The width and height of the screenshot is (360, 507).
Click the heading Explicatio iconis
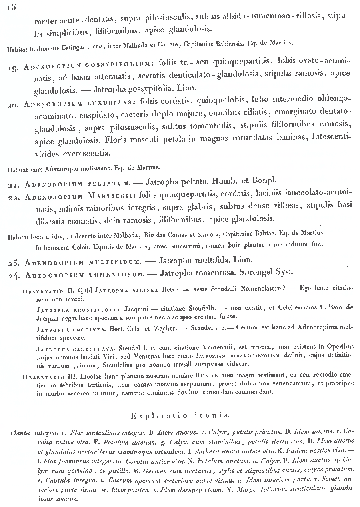(180, 416)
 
